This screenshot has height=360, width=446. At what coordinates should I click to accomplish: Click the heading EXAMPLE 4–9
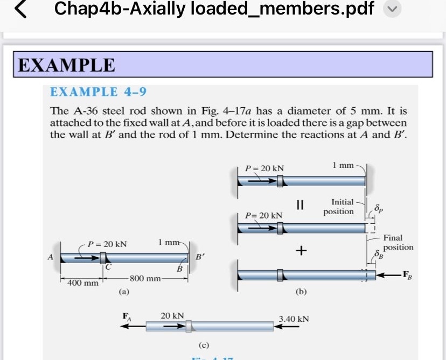point(98,92)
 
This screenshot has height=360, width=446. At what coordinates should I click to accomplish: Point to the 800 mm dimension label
point(145,278)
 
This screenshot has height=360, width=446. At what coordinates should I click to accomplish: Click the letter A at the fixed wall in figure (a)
point(50,257)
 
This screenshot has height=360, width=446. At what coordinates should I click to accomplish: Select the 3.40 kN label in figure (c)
point(294,319)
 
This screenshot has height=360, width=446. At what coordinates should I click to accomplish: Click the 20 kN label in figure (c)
point(172,315)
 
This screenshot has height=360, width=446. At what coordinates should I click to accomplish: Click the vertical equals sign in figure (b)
point(301,204)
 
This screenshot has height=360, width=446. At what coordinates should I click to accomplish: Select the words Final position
point(398,242)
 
